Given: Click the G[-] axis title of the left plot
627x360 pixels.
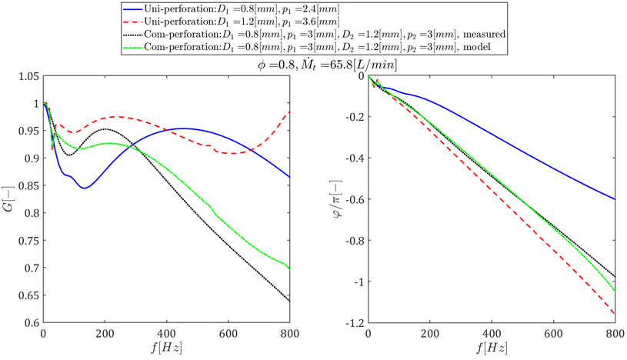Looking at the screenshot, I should (x=9, y=199).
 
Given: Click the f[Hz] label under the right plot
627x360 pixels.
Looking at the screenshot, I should (x=492, y=348).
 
